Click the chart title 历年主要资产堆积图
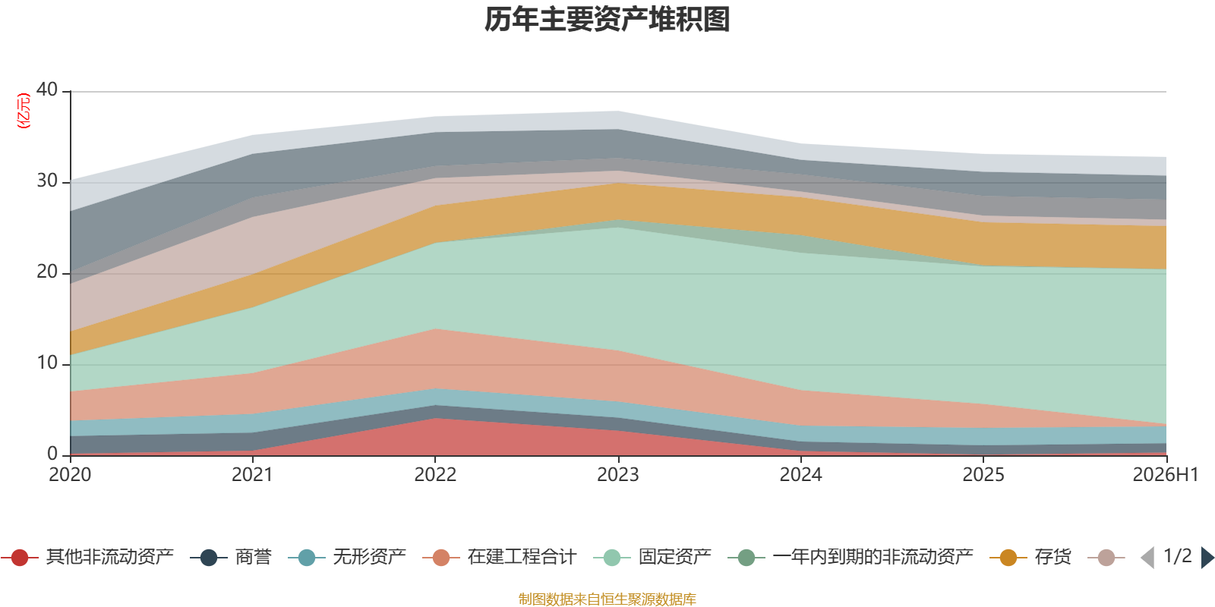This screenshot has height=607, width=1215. click(607, 20)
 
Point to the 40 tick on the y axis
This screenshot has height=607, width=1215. click(47, 90)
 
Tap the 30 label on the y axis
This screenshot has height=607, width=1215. click(47, 181)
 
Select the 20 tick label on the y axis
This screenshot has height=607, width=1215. click(47, 272)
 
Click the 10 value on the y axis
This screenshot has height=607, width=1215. click(47, 363)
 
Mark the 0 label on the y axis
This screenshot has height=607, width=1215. click(52, 454)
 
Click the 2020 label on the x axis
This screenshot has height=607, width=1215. click(70, 475)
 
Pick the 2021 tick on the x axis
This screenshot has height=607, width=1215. click(253, 475)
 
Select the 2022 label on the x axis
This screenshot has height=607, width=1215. click(436, 475)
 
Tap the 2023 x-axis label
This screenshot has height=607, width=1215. click(618, 475)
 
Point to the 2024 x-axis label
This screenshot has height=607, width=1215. click(801, 475)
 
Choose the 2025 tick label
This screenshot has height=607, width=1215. click(983, 475)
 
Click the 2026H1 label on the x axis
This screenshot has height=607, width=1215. click(1166, 475)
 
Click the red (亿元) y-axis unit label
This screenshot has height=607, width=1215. click(24, 111)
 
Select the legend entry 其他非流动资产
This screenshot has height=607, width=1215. click(87, 557)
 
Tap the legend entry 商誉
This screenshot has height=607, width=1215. click(231, 557)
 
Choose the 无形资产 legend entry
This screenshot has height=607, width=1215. click(347, 557)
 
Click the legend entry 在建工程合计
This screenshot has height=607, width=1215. click(500, 557)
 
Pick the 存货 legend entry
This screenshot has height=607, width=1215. click(1030, 557)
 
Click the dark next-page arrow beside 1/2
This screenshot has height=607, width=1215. click(1207, 557)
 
